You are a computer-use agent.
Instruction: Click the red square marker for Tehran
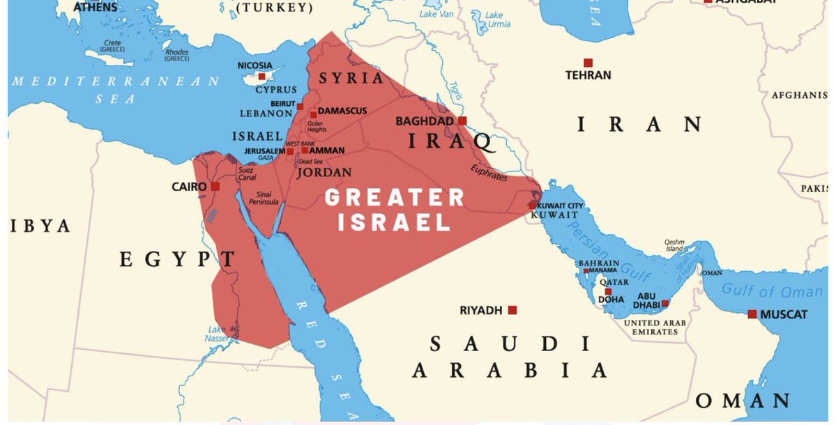[x=588, y=63]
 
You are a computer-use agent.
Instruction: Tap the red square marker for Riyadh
[x=512, y=310]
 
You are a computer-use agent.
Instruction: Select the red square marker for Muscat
[x=752, y=314]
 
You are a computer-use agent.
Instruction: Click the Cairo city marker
[x=215, y=187]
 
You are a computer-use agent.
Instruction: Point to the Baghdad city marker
[x=462, y=121]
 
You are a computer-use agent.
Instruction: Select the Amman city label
[x=327, y=150]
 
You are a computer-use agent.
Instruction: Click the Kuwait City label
[x=561, y=206]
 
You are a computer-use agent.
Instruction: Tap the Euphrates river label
[x=489, y=173]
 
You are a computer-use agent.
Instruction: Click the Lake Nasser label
[x=216, y=334]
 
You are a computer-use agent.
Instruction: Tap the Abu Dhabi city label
[x=642, y=300]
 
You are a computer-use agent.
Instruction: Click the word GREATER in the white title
[x=395, y=197]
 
